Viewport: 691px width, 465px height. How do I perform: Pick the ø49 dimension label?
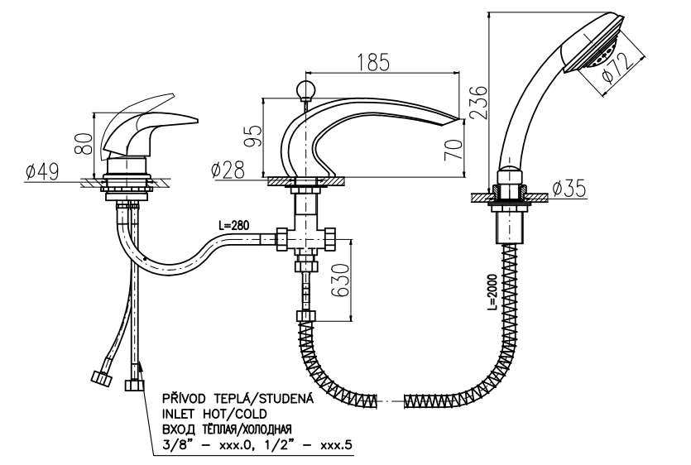coord(42,172)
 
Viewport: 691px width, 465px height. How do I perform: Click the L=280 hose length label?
coord(234,225)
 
